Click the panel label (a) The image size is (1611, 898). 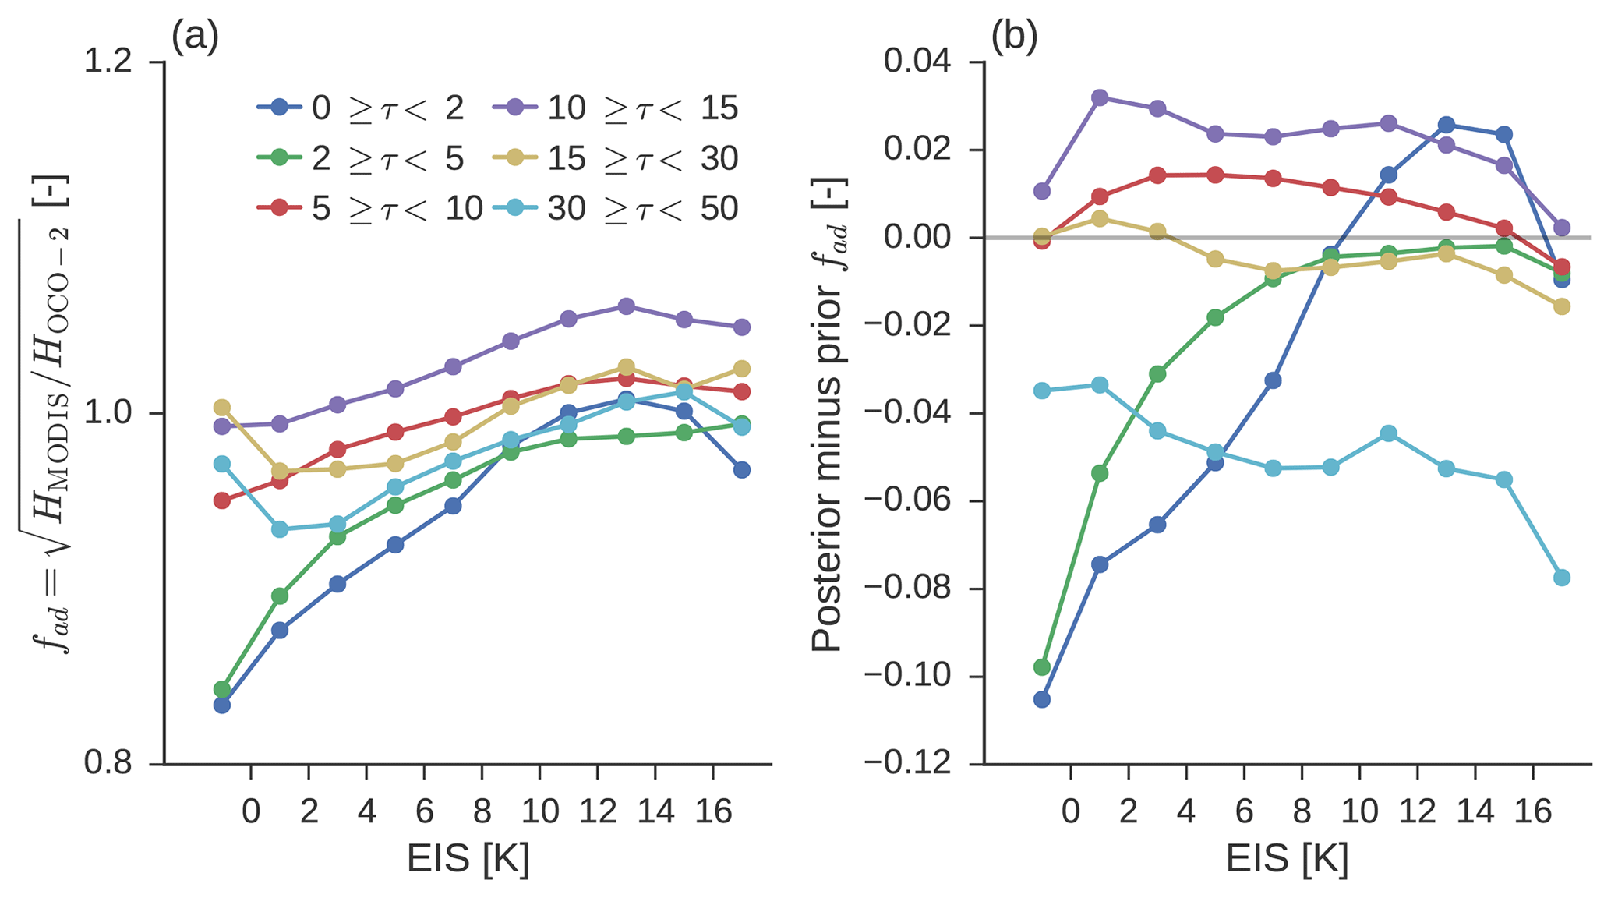tap(195, 37)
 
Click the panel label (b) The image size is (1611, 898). tap(1014, 37)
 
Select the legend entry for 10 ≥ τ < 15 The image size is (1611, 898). tap(616, 108)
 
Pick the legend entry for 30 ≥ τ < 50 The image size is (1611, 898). tap(616, 208)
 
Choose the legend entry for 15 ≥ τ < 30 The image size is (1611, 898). tap(616, 158)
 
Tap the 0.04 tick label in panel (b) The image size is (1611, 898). tap(917, 62)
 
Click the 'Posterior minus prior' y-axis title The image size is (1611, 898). tap(828, 413)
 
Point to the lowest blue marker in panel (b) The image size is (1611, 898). tap(1042, 699)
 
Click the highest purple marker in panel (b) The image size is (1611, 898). tap(1100, 97)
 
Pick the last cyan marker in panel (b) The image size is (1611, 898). tap(1562, 578)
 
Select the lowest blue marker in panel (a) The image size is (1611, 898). tap(222, 705)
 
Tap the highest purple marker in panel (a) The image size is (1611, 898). tap(626, 306)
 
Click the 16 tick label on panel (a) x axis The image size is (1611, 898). tap(713, 812)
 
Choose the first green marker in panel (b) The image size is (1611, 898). tap(1042, 666)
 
